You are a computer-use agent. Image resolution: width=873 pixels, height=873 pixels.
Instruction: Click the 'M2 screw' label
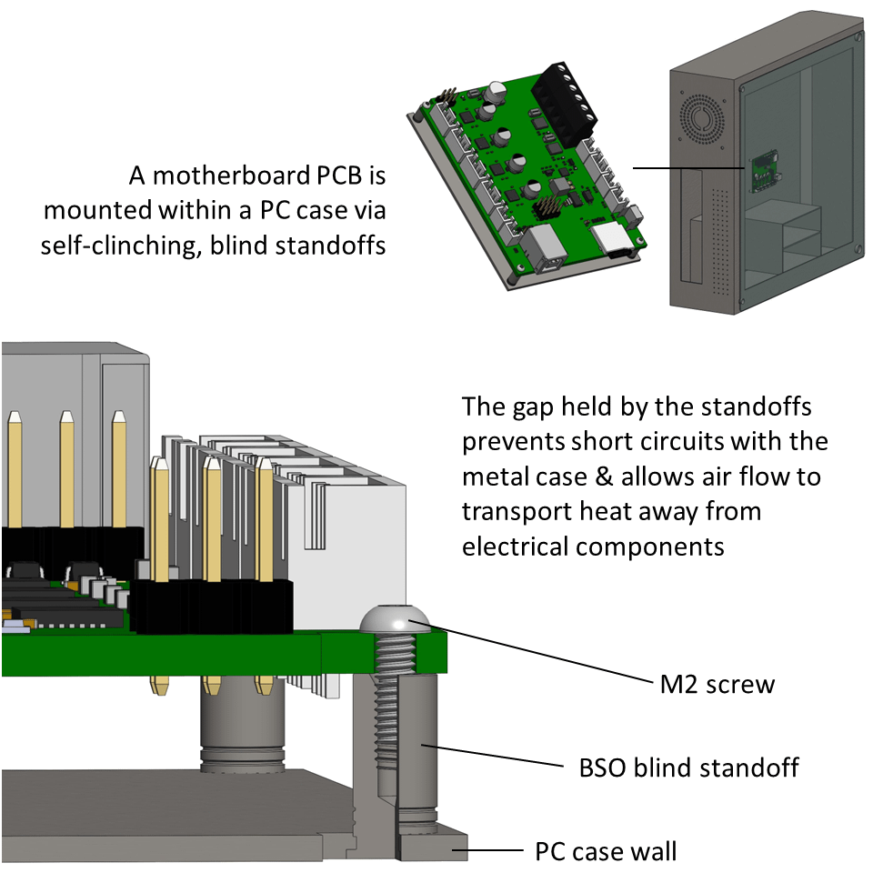tap(717, 683)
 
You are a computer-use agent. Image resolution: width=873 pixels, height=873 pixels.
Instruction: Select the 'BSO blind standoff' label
tap(688, 768)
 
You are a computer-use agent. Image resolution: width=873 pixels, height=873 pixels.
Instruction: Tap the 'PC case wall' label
tap(605, 852)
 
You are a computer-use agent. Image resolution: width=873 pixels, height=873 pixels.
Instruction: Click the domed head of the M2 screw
tap(395, 621)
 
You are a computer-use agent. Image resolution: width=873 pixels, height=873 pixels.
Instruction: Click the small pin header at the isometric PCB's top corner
tap(447, 94)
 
